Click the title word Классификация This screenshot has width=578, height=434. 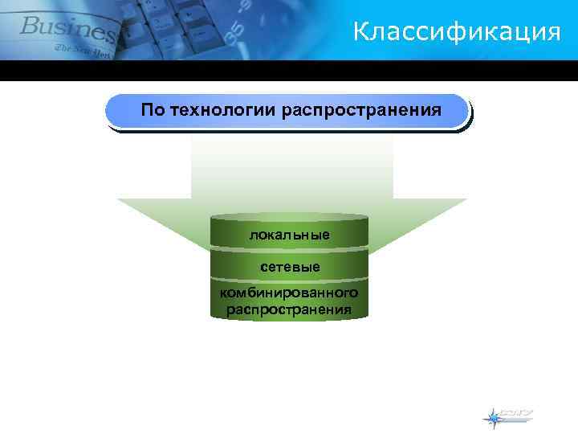[456, 32]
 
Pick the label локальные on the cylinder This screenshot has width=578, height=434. [289, 235]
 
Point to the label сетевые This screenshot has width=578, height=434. [290, 266]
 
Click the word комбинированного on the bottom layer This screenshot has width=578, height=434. [289, 293]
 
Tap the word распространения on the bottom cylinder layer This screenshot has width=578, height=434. [289, 309]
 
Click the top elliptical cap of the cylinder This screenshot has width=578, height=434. [289, 217]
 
